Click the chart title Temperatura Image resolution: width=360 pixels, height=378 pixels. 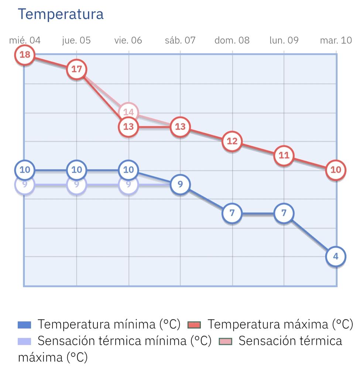coord(61,14)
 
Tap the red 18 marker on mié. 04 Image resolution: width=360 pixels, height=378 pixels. coord(25,55)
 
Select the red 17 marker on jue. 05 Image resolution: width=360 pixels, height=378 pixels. coord(76,69)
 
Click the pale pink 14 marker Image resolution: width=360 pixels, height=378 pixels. coord(128,111)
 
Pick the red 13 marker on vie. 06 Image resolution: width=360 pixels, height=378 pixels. coord(128,127)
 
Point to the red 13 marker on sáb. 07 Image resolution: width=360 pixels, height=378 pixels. coord(180,127)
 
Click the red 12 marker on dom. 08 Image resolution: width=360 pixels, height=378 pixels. coord(232,141)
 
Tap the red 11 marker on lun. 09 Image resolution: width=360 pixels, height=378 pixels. coord(284,155)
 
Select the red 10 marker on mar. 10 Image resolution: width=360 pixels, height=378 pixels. coord(336,170)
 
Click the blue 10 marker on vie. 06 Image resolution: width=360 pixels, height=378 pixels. coord(128,170)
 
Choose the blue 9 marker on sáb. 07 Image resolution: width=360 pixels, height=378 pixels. coord(180,184)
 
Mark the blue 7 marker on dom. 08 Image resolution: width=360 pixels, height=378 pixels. coord(232,213)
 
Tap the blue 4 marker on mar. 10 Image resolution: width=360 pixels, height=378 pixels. coord(336,256)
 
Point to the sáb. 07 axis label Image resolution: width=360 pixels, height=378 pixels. coord(180,40)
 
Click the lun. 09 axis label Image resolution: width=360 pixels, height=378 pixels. coord(284,40)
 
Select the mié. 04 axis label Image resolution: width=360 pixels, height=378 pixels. coord(25,40)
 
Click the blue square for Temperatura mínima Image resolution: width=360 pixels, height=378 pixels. coord(25,325)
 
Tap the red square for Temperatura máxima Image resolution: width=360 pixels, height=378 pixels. coord(194,325)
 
